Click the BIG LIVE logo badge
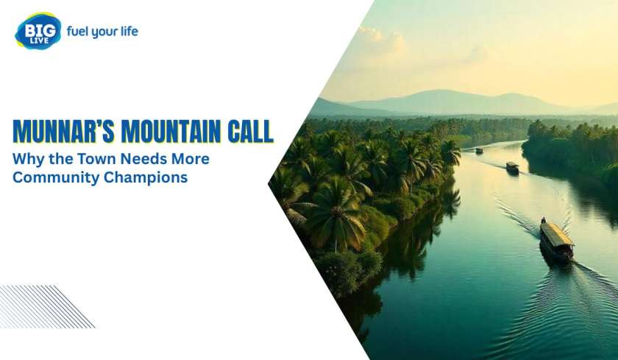click(38, 31)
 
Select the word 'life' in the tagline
click(129, 31)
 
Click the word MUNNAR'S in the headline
click(63, 131)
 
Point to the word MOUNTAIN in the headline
click(171, 131)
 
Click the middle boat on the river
click(512, 168)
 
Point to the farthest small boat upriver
click(479, 150)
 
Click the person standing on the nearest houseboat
click(544, 220)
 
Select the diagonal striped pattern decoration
click(46, 306)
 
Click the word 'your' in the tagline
click(104, 32)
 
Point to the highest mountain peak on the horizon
click(441, 91)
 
